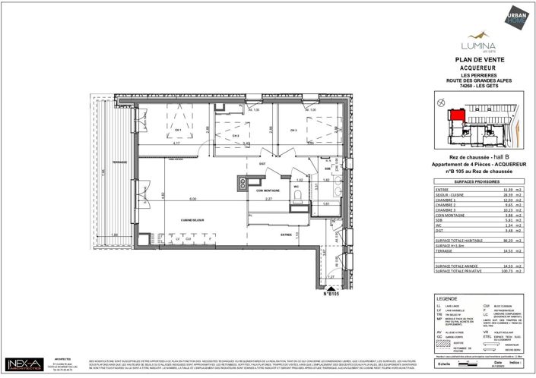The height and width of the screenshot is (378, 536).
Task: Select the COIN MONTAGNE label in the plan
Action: [266, 190]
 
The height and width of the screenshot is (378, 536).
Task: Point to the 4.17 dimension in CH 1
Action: [176, 142]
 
